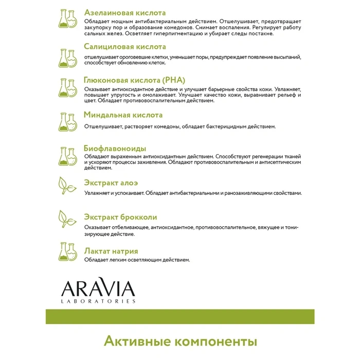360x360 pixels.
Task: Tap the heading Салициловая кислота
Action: [x=125, y=46]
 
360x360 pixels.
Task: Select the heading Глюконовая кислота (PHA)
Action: [x=134, y=81]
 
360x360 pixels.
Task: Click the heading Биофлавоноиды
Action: [x=115, y=148]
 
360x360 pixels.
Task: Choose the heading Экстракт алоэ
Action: [x=111, y=183]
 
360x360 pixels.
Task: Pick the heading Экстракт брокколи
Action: [x=120, y=217]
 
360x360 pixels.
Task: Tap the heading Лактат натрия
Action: [x=111, y=251]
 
